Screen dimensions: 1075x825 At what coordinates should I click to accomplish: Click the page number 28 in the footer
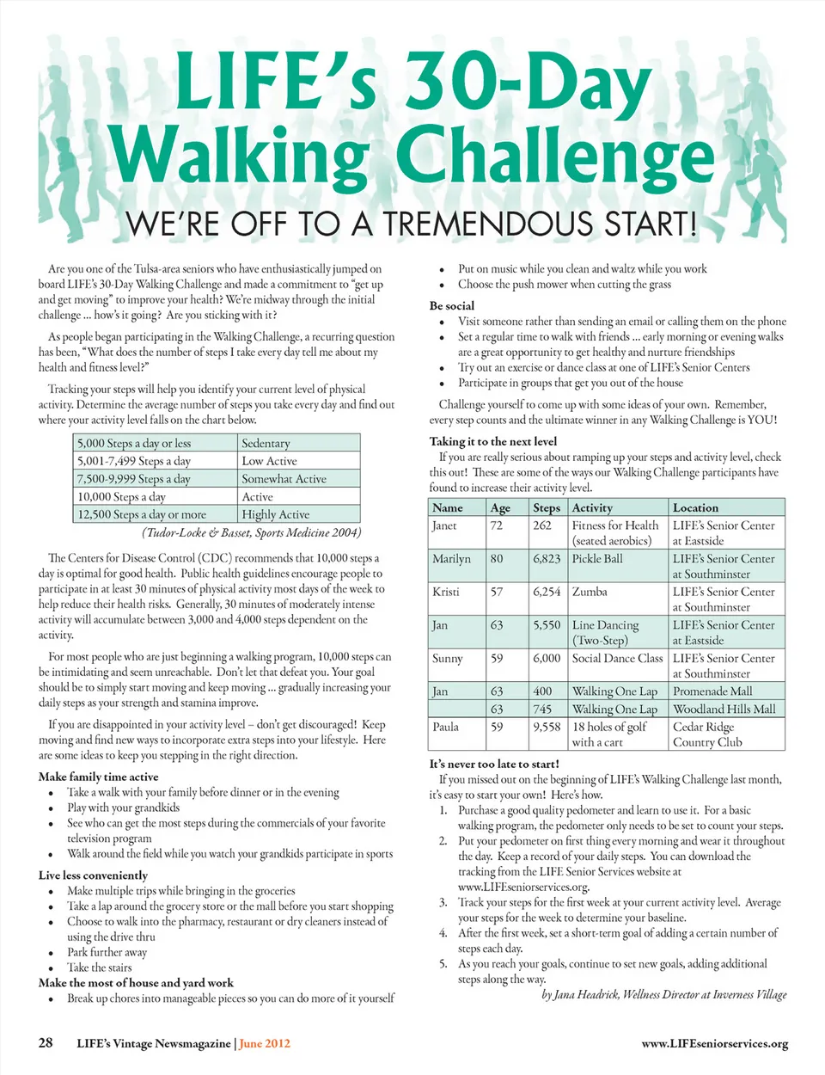tap(46, 1042)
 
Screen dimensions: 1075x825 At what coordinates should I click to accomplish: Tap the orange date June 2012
tap(265, 1043)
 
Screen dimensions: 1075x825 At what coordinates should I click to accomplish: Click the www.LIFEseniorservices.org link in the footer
tap(714, 1043)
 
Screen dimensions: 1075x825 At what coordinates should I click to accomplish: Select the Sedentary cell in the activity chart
tap(266, 443)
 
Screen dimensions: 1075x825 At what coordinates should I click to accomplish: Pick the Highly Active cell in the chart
tap(276, 514)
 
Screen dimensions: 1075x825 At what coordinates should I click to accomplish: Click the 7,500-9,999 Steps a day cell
tap(134, 478)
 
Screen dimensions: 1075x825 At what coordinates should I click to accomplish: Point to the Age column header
tap(500, 507)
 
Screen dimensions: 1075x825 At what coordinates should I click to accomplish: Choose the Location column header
tap(695, 507)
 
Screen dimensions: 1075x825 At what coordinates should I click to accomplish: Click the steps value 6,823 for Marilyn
tap(547, 558)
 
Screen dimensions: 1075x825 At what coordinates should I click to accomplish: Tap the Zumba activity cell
tap(590, 592)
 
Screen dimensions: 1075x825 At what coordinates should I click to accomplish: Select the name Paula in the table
tap(445, 727)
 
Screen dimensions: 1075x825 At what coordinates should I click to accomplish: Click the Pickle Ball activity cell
tap(597, 558)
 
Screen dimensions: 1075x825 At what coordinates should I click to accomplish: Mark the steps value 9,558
tap(547, 727)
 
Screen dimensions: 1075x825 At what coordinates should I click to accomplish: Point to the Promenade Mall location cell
tap(712, 691)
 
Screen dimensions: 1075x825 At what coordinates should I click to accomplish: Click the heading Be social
tap(452, 305)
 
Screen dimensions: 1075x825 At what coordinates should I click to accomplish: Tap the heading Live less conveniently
tap(93, 875)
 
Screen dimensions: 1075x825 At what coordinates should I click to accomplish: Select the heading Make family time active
tap(98, 776)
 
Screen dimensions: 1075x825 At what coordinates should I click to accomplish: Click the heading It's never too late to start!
tap(494, 763)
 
